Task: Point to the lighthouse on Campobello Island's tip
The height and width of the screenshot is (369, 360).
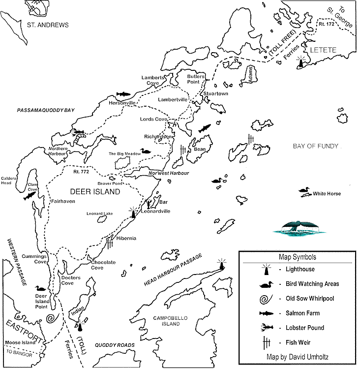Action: pyautogui.click(x=222, y=264)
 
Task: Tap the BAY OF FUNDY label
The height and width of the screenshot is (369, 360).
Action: pyautogui.click(x=316, y=146)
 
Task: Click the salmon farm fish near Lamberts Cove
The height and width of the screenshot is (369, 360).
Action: pyautogui.click(x=123, y=93)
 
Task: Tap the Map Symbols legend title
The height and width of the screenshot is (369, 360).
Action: pyautogui.click(x=298, y=257)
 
